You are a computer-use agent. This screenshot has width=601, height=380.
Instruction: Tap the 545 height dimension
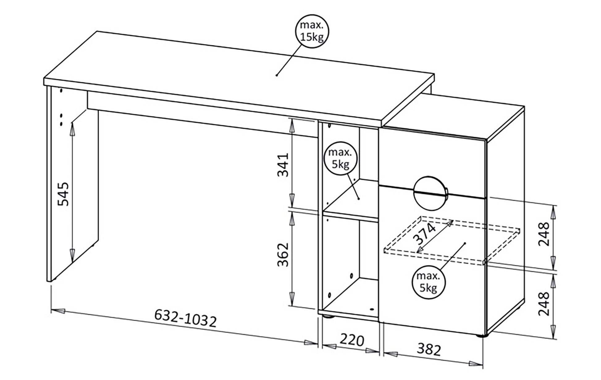[x=65, y=194]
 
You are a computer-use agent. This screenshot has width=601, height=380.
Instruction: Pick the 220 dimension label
[x=352, y=340]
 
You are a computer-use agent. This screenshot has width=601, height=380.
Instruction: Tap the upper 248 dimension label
[x=544, y=233]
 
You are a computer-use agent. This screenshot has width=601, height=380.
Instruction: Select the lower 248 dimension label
[x=544, y=304]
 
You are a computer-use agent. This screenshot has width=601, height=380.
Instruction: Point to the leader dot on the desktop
[x=277, y=75]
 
